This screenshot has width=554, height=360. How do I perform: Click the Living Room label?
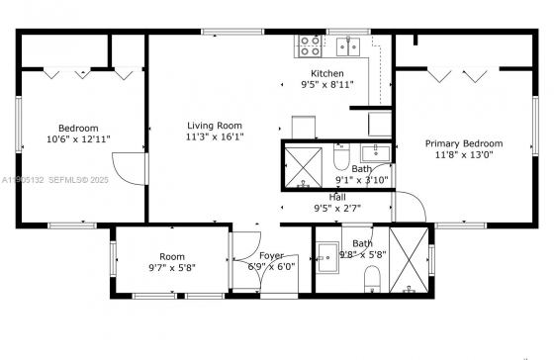point(215,126)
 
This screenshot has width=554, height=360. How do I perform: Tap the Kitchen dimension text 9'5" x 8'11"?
point(327,85)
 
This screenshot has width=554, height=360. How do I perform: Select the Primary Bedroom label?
point(464,143)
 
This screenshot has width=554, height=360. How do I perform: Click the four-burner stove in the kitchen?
point(309,45)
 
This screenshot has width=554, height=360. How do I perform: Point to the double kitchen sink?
point(348,46)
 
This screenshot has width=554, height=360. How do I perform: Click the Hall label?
point(337,197)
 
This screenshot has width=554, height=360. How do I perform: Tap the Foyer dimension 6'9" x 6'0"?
point(271,267)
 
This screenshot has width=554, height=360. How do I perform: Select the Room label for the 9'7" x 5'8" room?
point(172,257)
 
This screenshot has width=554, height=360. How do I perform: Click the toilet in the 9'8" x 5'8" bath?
point(372,279)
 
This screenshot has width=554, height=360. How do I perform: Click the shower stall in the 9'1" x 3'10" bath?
point(304,167)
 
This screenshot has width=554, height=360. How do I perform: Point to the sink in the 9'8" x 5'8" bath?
point(327,257)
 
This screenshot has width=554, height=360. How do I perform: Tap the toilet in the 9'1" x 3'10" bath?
point(341,156)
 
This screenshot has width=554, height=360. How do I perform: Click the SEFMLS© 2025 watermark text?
point(78,180)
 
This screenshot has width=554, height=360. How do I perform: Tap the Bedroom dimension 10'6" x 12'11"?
point(78,139)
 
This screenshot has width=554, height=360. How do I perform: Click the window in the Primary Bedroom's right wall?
point(535,126)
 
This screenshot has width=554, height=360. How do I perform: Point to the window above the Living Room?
point(232,32)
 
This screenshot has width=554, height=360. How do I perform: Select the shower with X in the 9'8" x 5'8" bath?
point(409,260)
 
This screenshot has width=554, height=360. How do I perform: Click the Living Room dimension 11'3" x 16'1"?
point(215,136)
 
